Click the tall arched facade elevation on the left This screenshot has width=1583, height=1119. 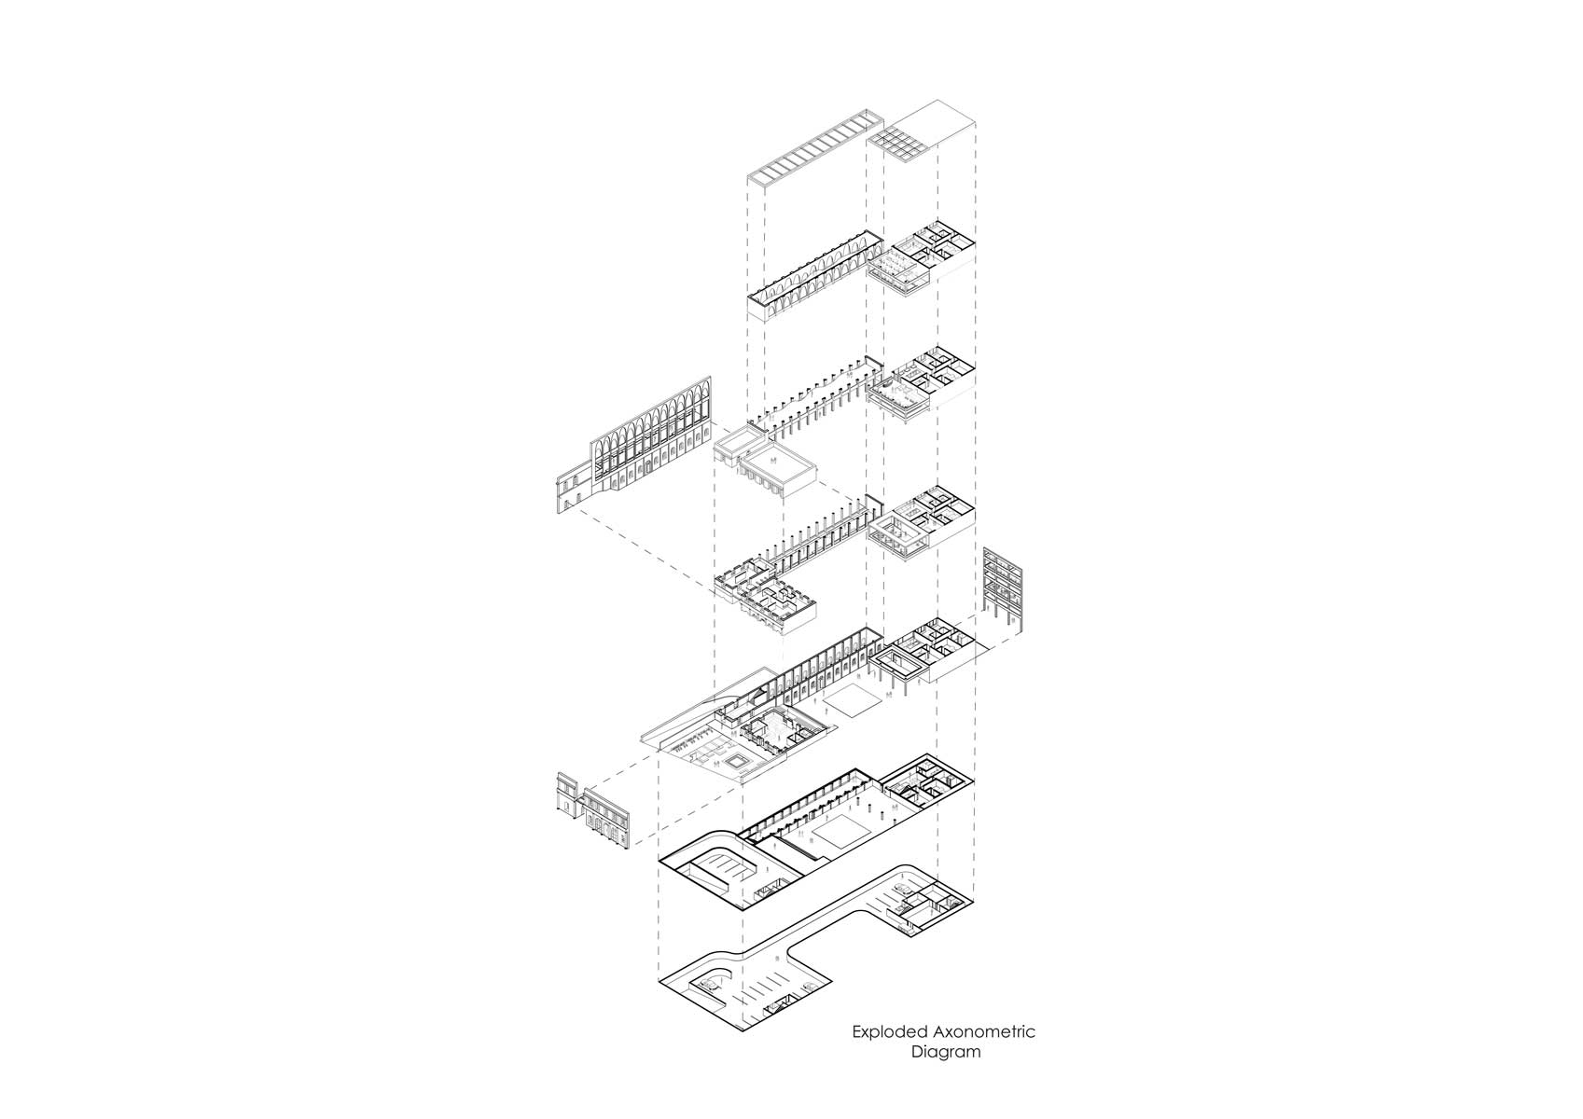click(x=633, y=445)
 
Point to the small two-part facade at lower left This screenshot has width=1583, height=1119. click(x=592, y=809)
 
